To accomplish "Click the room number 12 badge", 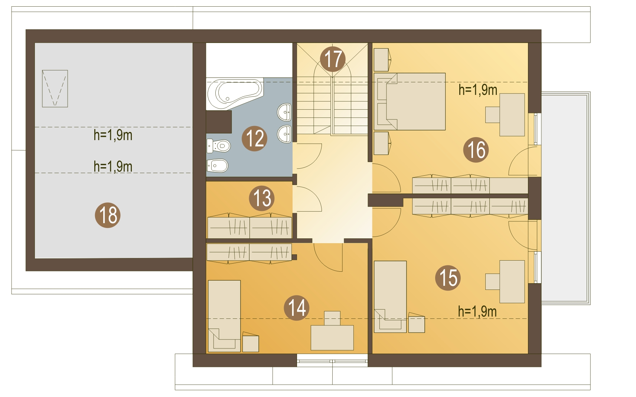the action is coord(254,138).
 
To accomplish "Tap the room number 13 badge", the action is coord(262,198).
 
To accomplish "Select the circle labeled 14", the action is coord(297,308).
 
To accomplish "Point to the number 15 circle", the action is coord(448,278).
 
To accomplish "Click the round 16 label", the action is coord(476,150).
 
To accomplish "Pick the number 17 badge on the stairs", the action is coord(333,59).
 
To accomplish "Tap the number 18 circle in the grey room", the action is coord(108,215).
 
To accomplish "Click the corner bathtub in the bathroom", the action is coord(235,93).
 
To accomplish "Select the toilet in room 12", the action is coord(218,146).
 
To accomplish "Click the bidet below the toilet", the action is coord(218,166).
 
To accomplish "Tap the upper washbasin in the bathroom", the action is coord(284,112).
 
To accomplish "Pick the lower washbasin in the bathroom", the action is coord(284,134).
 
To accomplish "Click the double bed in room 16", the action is coord(410,102).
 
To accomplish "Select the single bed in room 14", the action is coord(224,316).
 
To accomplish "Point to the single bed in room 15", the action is coord(391,297).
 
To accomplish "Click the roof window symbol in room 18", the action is coord(55,89).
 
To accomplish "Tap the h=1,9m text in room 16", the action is coord(478,90).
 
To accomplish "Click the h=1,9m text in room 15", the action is coord(477,312).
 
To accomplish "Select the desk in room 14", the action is coord(332,338).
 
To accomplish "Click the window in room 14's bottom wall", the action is coord(333,360).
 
